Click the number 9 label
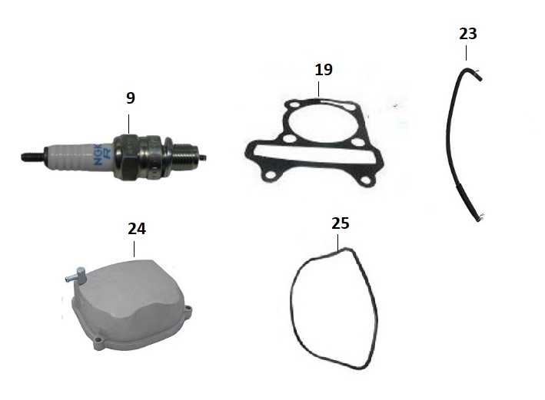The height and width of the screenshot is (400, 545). click(131, 98)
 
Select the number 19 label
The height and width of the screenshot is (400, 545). click(324, 70)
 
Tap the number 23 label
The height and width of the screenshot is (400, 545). click(468, 34)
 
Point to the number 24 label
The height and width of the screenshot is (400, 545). click(137, 229)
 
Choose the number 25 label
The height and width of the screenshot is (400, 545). click(341, 223)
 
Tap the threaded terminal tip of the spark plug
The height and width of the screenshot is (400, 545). click(32, 157)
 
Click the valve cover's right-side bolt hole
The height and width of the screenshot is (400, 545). click(188, 309)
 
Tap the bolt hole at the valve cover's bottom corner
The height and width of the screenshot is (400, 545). click(98, 339)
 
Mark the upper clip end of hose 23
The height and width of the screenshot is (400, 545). click(477, 74)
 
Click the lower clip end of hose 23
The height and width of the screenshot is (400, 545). click(479, 218)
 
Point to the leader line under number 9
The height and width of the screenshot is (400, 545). click(128, 124)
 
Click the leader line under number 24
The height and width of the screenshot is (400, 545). click(135, 250)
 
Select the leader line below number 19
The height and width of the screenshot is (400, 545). click(318, 89)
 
